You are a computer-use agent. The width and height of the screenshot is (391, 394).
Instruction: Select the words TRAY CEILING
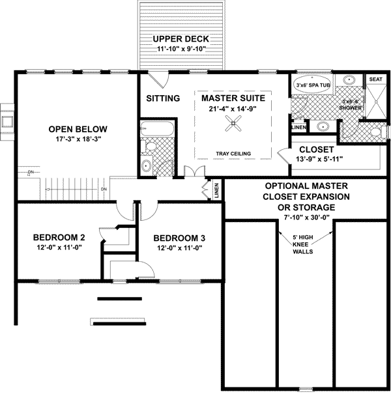233,154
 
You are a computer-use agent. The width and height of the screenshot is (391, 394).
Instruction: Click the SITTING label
162,98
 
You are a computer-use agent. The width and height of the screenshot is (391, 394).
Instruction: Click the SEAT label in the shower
375,79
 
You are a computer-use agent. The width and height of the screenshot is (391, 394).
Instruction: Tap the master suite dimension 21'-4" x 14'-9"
233,108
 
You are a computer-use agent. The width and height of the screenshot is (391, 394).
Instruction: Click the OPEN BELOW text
78,128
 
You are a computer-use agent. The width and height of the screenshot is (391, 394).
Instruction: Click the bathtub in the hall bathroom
157,128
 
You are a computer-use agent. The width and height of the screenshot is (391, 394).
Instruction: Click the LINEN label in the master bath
298,127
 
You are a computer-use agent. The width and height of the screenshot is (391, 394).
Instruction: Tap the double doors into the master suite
194,171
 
